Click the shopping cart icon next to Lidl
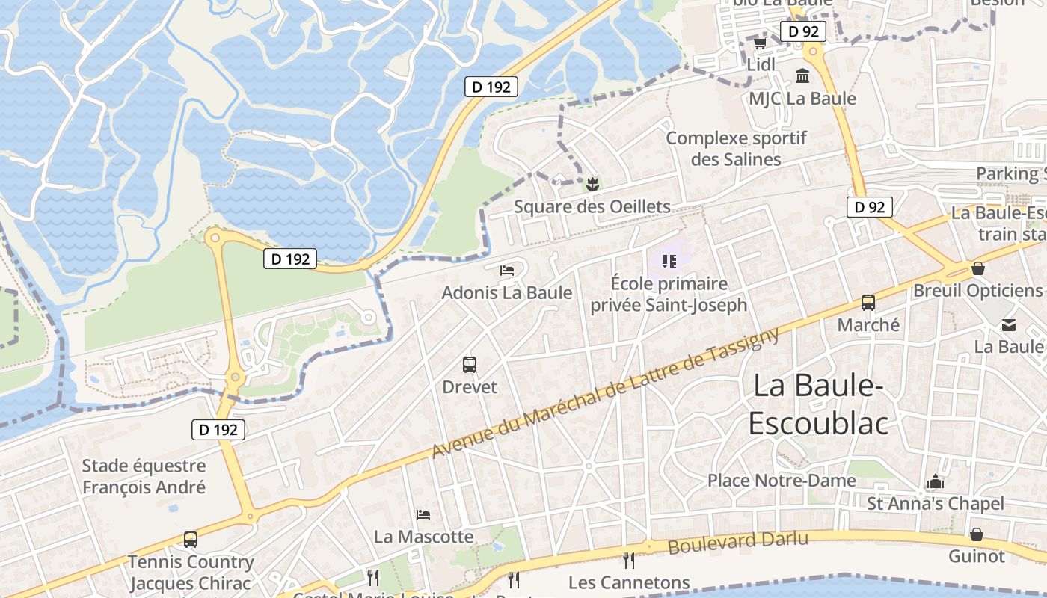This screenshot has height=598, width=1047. coord(760,43)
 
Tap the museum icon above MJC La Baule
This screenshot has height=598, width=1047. coord(802,75)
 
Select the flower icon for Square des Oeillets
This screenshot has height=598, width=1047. coord(592,182)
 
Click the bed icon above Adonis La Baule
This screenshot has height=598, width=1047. coord(507,270)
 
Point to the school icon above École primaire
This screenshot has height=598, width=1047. coord(669,261)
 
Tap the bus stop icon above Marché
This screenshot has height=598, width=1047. coord(868,303)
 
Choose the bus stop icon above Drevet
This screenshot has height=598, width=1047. coord(470,365)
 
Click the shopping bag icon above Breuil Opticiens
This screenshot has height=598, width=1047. coord(977,268)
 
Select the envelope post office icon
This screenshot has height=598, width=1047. coord(1009,324)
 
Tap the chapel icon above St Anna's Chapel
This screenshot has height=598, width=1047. coord(936,481)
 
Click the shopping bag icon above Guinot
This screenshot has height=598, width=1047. coord(977,534)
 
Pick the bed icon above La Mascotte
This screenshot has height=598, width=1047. coord(423,515)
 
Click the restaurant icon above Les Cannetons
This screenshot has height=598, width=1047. coord(629,560)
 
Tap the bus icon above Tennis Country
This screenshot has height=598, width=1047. coord(191,540)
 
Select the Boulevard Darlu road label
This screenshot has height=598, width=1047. coord(737,543)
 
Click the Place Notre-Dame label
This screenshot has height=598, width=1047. coord(782,480)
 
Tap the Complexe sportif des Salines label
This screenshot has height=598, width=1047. coord(736,149)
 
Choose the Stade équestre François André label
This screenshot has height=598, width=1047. coord(144,477)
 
